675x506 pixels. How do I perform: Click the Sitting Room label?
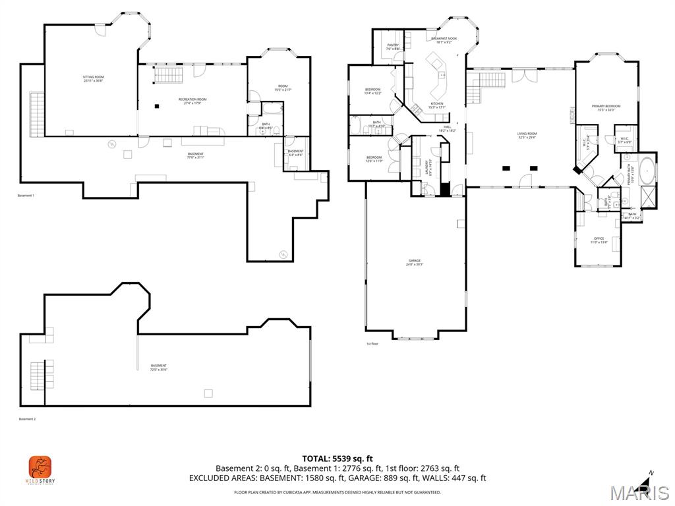coord(93,79)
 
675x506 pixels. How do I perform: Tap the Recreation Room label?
coord(192,101)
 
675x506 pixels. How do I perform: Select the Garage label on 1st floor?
coord(414,262)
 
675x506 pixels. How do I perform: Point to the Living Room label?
coord(526,136)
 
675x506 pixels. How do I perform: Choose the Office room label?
coord(599,240)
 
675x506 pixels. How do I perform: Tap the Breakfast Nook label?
coord(444,40)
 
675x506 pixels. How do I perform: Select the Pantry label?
coord(393,47)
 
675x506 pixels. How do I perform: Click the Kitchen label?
coord(437,105)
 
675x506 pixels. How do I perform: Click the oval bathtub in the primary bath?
coord(647,169)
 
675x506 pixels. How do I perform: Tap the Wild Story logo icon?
coord(40,468)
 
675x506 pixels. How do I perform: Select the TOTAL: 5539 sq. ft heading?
coord(337,458)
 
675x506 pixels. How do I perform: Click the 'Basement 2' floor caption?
coord(27,419)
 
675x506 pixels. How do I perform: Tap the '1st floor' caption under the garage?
coord(372,344)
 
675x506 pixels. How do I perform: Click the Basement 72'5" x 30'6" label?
coord(158,368)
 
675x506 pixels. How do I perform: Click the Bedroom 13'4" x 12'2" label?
coord(372,91)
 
